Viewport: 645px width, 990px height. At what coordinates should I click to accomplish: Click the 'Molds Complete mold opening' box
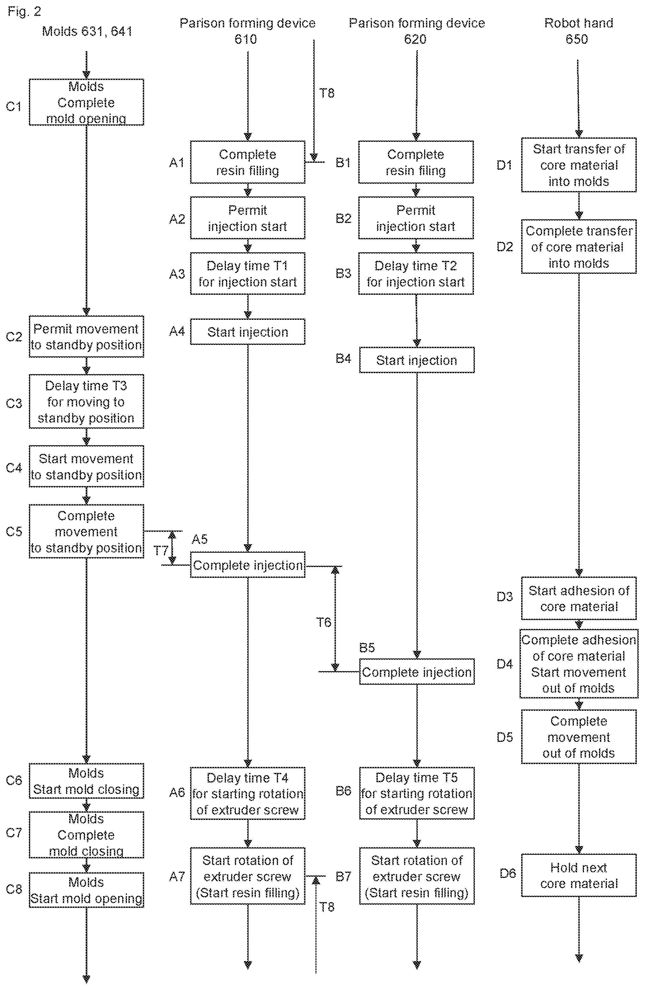click(x=87, y=102)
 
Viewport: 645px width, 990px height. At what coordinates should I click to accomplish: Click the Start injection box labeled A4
click(x=248, y=332)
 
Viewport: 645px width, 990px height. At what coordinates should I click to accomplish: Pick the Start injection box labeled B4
click(x=416, y=360)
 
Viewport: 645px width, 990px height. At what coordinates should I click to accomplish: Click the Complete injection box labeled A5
click(x=248, y=564)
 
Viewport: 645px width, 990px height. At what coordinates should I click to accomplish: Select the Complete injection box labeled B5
click(x=416, y=672)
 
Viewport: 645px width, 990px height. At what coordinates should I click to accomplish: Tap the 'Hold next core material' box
click(x=579, y=875)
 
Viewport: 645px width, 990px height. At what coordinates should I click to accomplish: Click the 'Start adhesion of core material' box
click(x=579, y=598)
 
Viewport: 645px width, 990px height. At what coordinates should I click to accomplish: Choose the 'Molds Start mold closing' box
click(x=87, y=781)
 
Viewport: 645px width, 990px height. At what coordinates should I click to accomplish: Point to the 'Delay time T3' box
click(x=87, y=401)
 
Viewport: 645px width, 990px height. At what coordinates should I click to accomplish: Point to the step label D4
click(x=504, y=664)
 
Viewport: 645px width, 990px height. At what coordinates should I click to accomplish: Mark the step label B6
click(x=343, y=791)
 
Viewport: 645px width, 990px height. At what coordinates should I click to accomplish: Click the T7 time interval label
click(x=161, y=551)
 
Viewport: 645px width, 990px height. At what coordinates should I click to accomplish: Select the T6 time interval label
click(x=323, y=622)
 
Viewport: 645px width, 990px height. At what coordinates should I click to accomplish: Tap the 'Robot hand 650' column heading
click(x=578, y=31)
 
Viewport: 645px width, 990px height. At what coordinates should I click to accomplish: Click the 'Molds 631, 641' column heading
click(x=87, y=31)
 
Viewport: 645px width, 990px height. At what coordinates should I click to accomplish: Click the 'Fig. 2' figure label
click(x=24, y=11)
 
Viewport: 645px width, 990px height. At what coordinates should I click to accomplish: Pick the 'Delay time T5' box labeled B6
click(x=416, y=793)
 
